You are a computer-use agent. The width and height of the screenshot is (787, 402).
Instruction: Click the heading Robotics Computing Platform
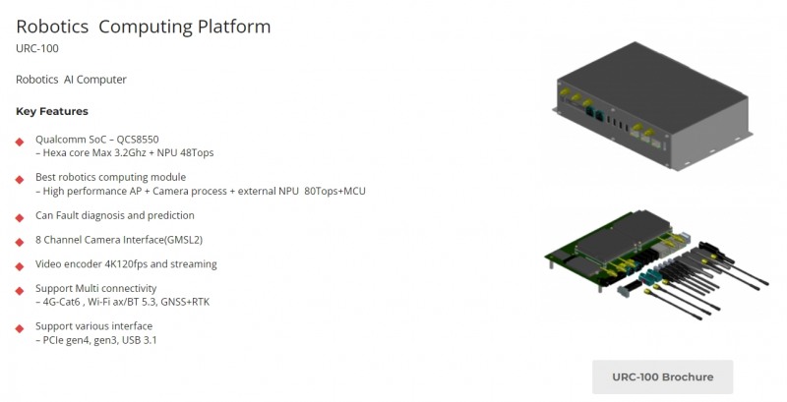[144, 27]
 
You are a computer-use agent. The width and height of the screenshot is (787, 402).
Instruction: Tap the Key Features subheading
[52, 111]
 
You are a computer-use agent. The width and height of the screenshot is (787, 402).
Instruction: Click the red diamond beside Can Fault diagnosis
[20, 216]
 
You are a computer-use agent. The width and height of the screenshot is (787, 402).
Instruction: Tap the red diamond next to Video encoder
[20, 265]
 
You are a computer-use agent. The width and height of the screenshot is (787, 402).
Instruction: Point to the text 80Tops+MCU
[334, 191]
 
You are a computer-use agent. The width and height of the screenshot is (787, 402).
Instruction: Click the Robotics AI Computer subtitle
[71, 80]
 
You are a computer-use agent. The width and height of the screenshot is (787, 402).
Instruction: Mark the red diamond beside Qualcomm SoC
[20, 142]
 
